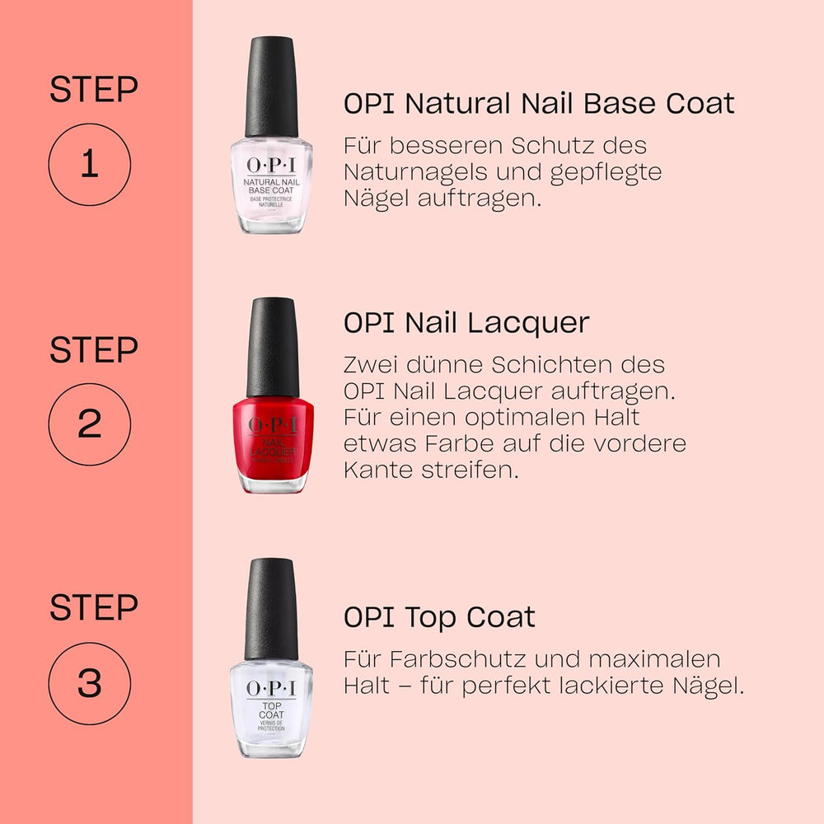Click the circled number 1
pos(89,165)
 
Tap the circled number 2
pos(89,424)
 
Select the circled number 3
pos(89,684)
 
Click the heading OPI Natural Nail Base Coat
pos(539,104)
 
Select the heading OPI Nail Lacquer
pos(466,323)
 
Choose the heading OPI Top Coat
pos(439,617)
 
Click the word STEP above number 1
pos(93,90)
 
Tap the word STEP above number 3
pos(93,608)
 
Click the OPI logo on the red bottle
pos(271,425)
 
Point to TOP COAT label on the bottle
pos(271,709)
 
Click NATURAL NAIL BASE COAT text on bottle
pos(271,185)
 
